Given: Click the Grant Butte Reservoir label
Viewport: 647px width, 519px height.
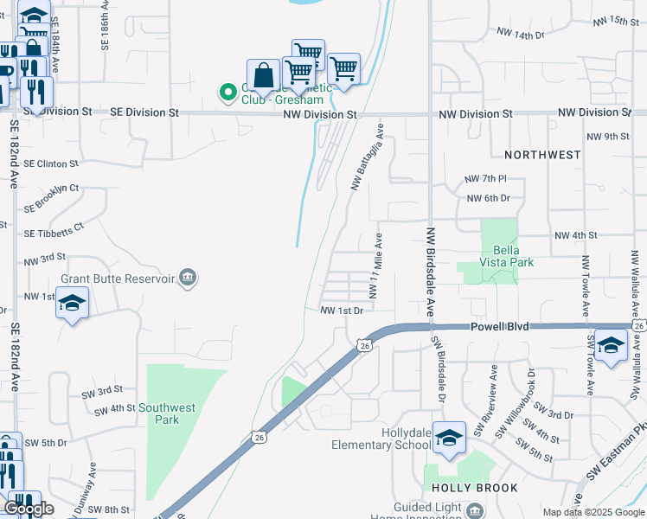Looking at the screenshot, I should [x=118, y=279].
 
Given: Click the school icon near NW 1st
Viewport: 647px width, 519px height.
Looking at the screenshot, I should [x=73, y=304].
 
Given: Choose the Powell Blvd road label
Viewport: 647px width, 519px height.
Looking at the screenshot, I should [x=499, y=327].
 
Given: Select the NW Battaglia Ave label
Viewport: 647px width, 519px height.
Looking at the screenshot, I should [x=368, y=156].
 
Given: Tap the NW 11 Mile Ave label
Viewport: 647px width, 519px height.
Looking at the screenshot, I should [x=375, y=266].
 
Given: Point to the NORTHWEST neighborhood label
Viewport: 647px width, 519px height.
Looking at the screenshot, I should [x=542, y=155].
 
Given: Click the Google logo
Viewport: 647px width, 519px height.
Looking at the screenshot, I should [x=29, y=509].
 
